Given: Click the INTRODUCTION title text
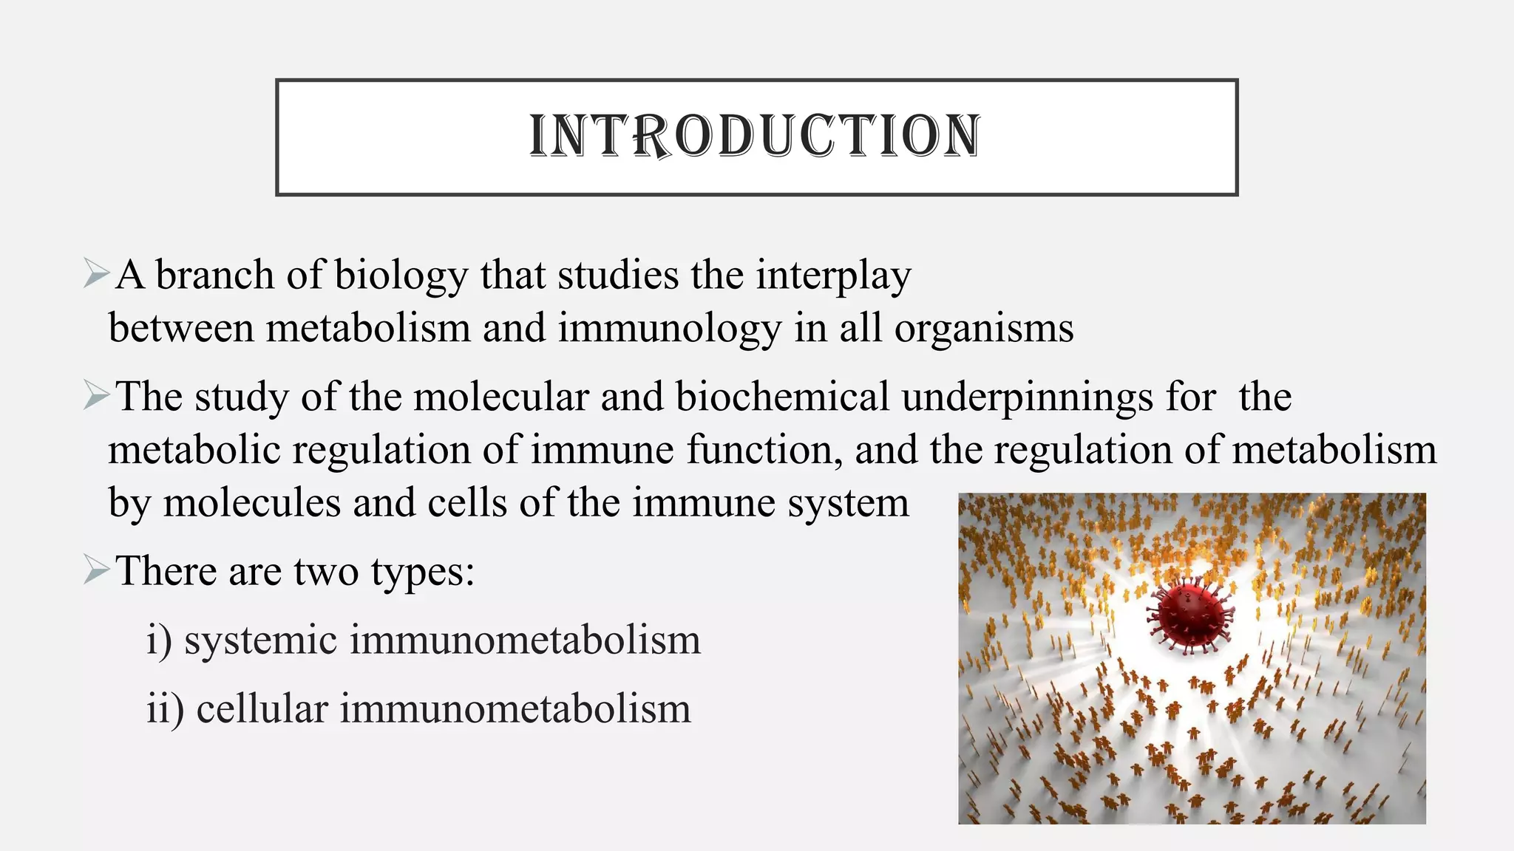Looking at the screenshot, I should click(756, 136).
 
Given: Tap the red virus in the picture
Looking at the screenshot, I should click(1190, 615).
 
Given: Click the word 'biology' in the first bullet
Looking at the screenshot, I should click(401, 276).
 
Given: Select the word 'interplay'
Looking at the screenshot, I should click(833, 276).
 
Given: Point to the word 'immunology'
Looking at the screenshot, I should click(669, 329).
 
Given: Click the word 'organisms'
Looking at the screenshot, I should click(984, 329).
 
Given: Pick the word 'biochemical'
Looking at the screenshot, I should click(782, 397).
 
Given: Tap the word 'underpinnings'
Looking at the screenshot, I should click(1028, 398).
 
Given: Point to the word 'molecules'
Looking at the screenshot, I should click(251, 503).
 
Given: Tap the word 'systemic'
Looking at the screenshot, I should click(261, 640).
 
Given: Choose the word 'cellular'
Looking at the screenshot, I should click(262, 708).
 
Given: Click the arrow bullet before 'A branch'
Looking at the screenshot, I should click(97, 274).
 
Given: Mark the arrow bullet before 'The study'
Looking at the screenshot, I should click(97, 395).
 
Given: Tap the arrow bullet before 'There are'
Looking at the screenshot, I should click(97, 570).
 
